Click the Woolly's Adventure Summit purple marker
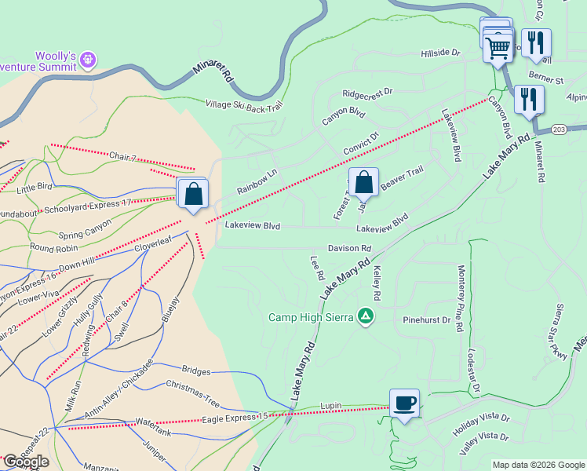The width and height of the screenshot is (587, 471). (88, 59)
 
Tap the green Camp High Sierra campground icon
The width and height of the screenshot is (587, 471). (365, 317)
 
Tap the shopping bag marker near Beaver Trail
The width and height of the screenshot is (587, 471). (363, 183)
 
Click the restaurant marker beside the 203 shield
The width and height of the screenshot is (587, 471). (529, 100)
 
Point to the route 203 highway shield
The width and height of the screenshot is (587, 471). (559, 129)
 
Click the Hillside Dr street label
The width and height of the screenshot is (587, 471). (439, 53)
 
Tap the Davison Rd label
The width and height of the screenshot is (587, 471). (350, 248)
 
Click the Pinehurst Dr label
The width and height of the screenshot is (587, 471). (426, 320)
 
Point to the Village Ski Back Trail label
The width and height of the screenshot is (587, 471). (243, 104)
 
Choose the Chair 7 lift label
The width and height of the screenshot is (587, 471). (123, 155)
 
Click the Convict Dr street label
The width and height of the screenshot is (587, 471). (361, 142)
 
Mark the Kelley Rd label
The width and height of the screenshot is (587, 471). (377, 283)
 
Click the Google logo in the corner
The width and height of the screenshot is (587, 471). (26, 462)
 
